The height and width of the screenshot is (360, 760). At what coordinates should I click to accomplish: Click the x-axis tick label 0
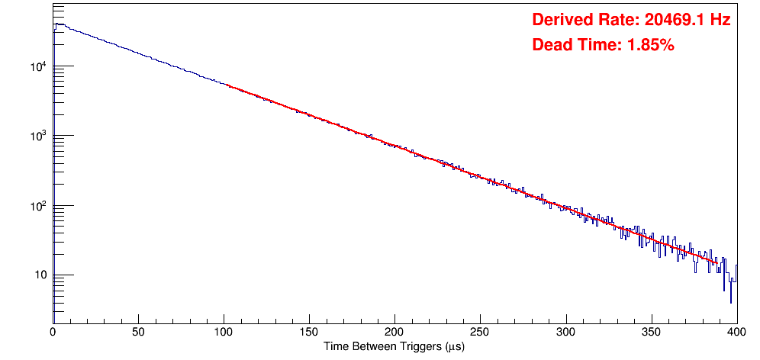[53, 333]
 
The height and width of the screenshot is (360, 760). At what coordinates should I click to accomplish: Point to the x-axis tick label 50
[138, 333]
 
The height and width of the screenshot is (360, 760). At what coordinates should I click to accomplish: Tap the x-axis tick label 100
[224, 333]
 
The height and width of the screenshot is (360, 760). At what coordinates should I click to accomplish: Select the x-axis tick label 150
[309, 333]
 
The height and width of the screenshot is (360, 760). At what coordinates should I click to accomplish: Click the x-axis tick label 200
[394, 333]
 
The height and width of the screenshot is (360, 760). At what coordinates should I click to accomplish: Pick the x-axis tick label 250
[480, 333]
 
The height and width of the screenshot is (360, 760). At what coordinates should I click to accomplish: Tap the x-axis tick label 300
[565, 333]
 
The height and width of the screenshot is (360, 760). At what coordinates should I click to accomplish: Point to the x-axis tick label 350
[651, 333]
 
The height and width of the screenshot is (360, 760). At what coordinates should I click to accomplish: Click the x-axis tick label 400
[736, 333]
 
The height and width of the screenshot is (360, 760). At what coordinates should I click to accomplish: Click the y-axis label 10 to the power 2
[39, 204]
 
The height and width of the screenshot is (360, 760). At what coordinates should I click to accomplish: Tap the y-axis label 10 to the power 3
[39, 135]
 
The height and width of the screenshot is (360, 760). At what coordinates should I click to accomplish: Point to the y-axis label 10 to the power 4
[39, 66]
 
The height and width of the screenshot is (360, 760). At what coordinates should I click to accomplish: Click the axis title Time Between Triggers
[394, 346]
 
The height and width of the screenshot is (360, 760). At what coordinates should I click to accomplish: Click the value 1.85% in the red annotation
[650, 45]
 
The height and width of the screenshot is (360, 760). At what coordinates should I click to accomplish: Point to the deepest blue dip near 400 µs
[731, 303]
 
